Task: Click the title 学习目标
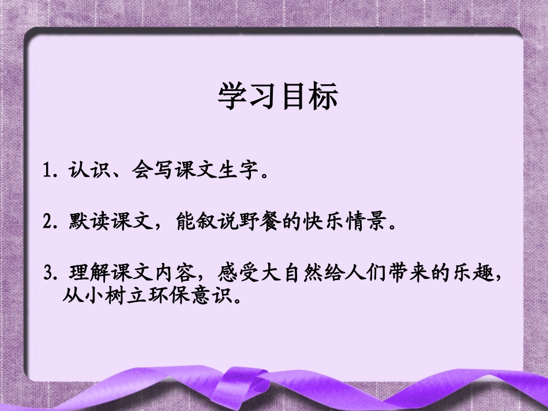click(277, 96)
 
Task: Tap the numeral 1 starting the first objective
click(48, 172)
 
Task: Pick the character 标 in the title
click(324, 96)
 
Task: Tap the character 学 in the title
click(232, 96)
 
